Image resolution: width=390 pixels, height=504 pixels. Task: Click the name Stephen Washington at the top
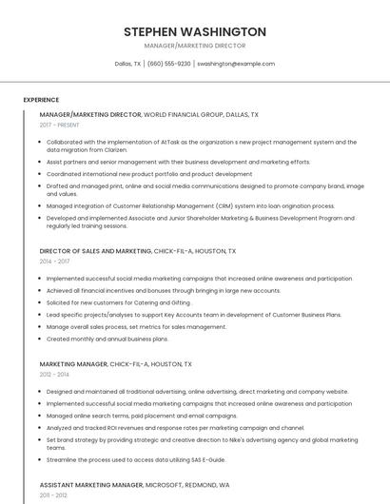click(x=195, y=31)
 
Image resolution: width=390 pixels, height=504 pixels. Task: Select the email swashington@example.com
click(x=236, y=64)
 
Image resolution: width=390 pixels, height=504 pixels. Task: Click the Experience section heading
click(x=41, y=100)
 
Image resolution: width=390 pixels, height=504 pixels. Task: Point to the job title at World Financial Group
click(x=90, y=114)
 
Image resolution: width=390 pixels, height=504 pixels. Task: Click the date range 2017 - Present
click(x=59, y=125)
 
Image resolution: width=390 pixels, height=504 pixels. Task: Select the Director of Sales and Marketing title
click(x=95, y=251)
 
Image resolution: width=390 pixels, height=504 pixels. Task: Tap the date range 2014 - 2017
click(x=54, y=262)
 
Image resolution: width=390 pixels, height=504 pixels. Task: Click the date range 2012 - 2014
click(x=54, y=374)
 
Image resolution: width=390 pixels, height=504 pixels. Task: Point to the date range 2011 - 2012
click(x=54, y=495)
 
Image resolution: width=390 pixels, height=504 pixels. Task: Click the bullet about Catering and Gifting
click(x=118, y=302)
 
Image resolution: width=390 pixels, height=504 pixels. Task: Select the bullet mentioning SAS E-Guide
click(x=135, y=459)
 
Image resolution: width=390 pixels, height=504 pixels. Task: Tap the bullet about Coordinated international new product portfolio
click(x=149, y=174)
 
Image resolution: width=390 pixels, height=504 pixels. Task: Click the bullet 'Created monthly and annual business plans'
click(x=107, y=339)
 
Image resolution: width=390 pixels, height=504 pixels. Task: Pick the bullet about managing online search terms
click(x=142, y=416)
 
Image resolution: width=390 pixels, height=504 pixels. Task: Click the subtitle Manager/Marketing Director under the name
click(x=195, y=46)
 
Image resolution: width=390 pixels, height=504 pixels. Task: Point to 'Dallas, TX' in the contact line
click(x=127, y=64)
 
